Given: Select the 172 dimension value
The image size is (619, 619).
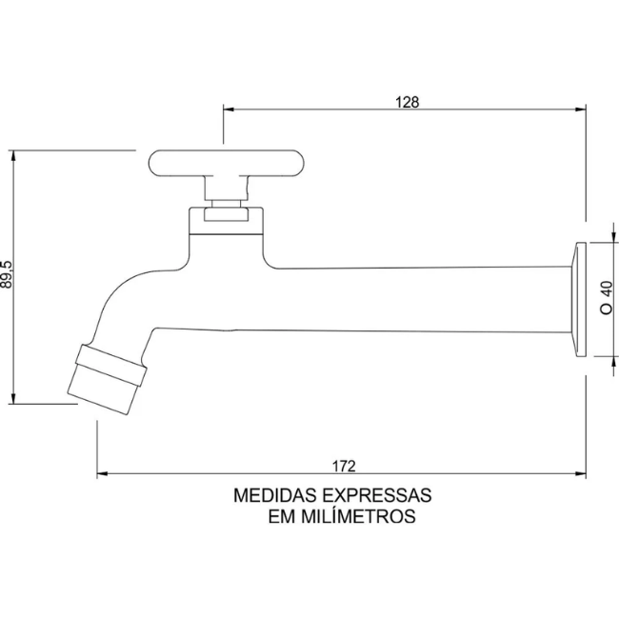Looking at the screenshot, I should pyautogui.click(x=344, y=465).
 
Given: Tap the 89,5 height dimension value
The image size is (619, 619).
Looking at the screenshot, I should pyautogui.click(x=8, y=276).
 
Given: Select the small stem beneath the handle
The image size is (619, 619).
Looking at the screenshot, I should pyautogui.click(x=226, y=206).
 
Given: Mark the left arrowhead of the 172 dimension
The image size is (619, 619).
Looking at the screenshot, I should pyautogui.click(x=102, y=473).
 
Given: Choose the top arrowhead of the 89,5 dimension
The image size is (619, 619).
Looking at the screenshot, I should pyautogui.click(x=13, y=154).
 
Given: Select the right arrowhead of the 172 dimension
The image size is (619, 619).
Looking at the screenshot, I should pyautogui.click(x=581, y=473).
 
